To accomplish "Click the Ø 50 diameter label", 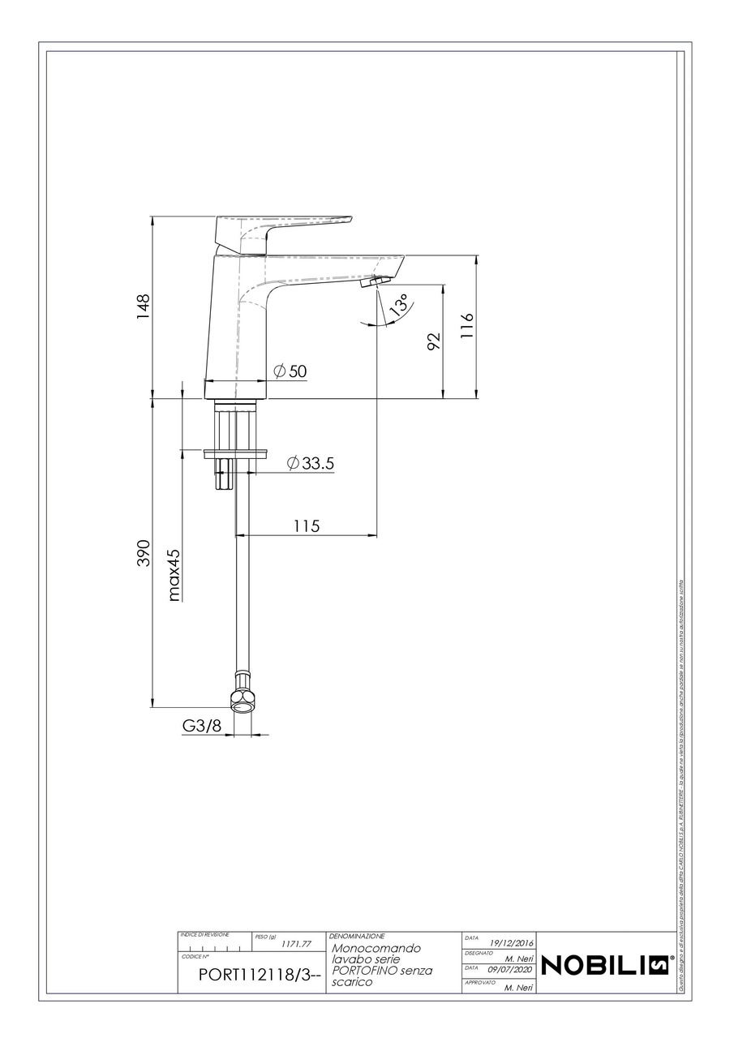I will pyautogui.click(x=290, y=371).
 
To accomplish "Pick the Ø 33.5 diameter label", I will pyautogui.click(x=311, y=463).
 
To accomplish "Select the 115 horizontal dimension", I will pyautogui.click(x=306, y=526).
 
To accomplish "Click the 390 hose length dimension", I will pyautogui.click(x=144, y=553).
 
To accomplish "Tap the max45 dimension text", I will pyautogui.click(x=174, y=575).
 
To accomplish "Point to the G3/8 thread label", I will pyautogui.click(x=202, y=727).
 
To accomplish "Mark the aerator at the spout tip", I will pyautogui.click(x=375, y=281).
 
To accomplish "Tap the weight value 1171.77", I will pyautogui.click(x=296, y=944).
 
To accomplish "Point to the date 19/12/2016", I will pyautogui.click(x=511, y=941).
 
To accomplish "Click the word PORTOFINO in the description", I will pyautogui.click(x=362, y=971).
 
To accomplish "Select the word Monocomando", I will pyautogui.click(x=376, y=948).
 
